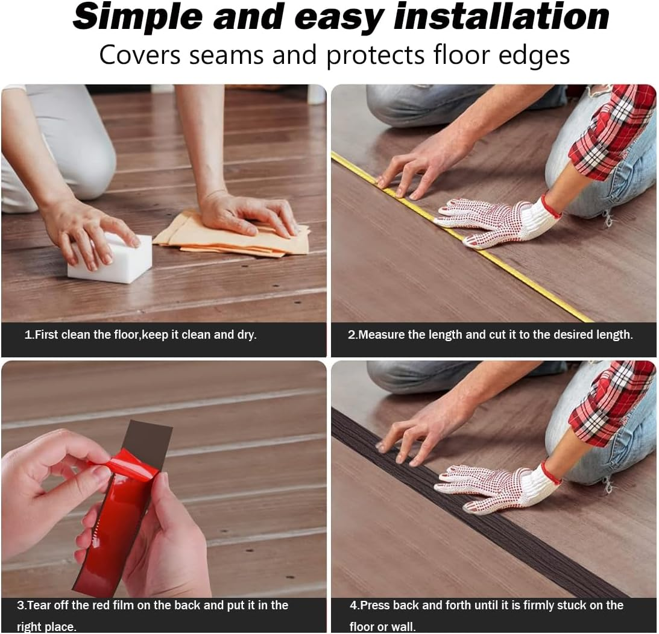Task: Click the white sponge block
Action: [110, 259]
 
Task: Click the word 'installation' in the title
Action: [501, 17]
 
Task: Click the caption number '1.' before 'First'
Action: [29, 335]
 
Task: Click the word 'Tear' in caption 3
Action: [39, 606]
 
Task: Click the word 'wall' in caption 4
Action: [403, 626]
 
